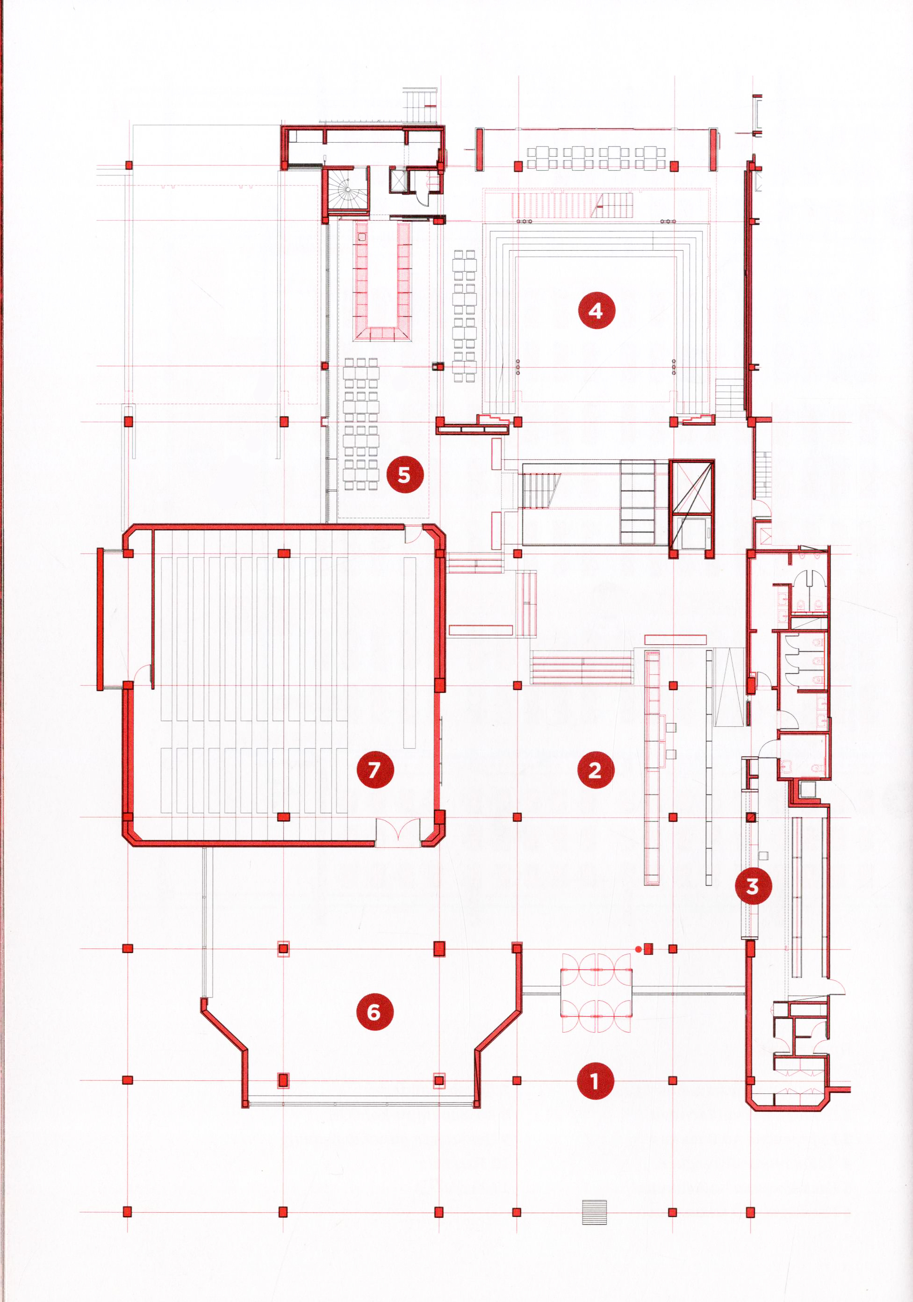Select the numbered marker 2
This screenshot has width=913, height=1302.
pos(595,770)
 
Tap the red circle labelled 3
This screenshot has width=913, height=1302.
pos(753,886)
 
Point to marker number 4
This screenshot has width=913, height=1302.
pos(596,310)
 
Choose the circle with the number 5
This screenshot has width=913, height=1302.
pos(405,474)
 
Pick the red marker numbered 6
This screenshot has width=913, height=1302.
pos(374,1012)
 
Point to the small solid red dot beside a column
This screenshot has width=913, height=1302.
pos(638,949)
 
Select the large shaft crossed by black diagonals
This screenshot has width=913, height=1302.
pos(690,487)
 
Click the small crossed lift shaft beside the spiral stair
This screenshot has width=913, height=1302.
pos(399,181)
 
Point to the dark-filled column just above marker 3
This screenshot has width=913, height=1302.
pos(750,817)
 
